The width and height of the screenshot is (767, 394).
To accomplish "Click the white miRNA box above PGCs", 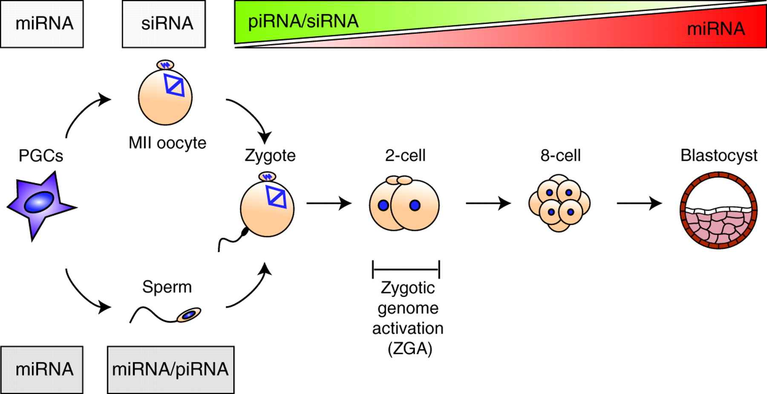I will tap(42, 24).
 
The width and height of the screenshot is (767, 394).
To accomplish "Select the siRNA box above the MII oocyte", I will tap(164, 24).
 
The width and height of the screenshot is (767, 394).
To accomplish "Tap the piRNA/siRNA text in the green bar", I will tap(303, 21).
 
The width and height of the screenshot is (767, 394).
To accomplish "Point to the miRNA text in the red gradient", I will tap(716, 29).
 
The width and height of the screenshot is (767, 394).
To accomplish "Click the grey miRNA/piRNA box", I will tap(170, 369).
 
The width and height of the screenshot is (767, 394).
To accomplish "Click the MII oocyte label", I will tap(167, 143).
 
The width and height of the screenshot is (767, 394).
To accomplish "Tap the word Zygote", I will tap(270, 155).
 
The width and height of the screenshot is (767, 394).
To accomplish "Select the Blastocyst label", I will tap(719, 155).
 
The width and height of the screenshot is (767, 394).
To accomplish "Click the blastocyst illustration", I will tap(718, 210).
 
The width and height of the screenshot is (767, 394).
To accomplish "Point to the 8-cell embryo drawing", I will tap(559, 203).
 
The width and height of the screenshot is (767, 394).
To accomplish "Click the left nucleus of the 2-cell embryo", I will tap(383, 206).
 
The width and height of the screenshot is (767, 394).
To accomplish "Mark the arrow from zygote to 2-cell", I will tap(329, 203).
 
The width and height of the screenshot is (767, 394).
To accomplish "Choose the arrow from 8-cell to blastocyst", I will tap(639, 203).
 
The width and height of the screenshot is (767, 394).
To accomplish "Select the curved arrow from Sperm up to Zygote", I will tap(251, 289).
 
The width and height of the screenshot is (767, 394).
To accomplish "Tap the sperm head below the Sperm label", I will tap(189, 315).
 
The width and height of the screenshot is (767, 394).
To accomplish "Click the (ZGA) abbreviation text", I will tap(410, 349).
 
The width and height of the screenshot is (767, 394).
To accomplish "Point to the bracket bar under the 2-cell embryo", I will tap(406, 269).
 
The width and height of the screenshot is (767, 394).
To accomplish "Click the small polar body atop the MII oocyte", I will tap(165, 65).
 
